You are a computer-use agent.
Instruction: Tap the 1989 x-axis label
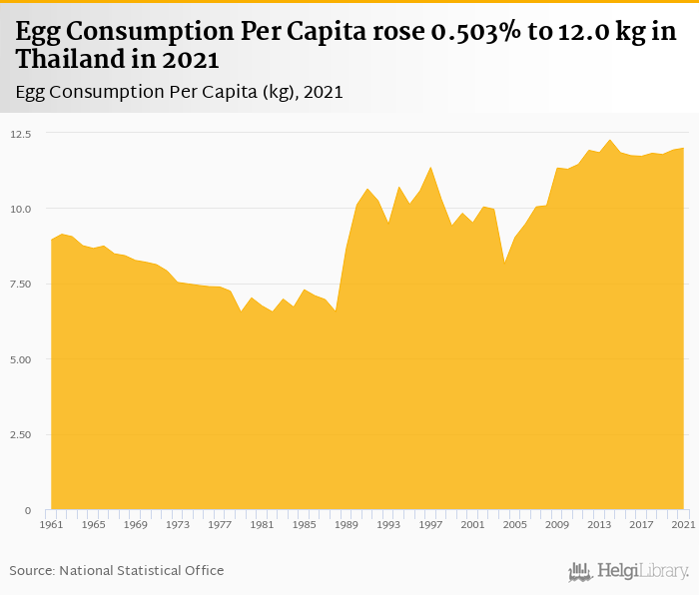pos(347,524)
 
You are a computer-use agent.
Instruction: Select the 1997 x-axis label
pos(430,524)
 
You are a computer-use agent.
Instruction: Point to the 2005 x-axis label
pos(515,524)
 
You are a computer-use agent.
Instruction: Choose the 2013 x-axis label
pos(599,524)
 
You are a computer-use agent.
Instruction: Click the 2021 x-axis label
pos(683,524)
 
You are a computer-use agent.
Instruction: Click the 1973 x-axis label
pos(178,524)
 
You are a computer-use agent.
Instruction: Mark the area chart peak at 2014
pos(610,140)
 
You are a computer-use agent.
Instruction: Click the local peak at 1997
pos(430,168)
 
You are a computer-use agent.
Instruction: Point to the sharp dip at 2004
pos(504,263)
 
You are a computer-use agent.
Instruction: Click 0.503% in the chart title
pos(475,33)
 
